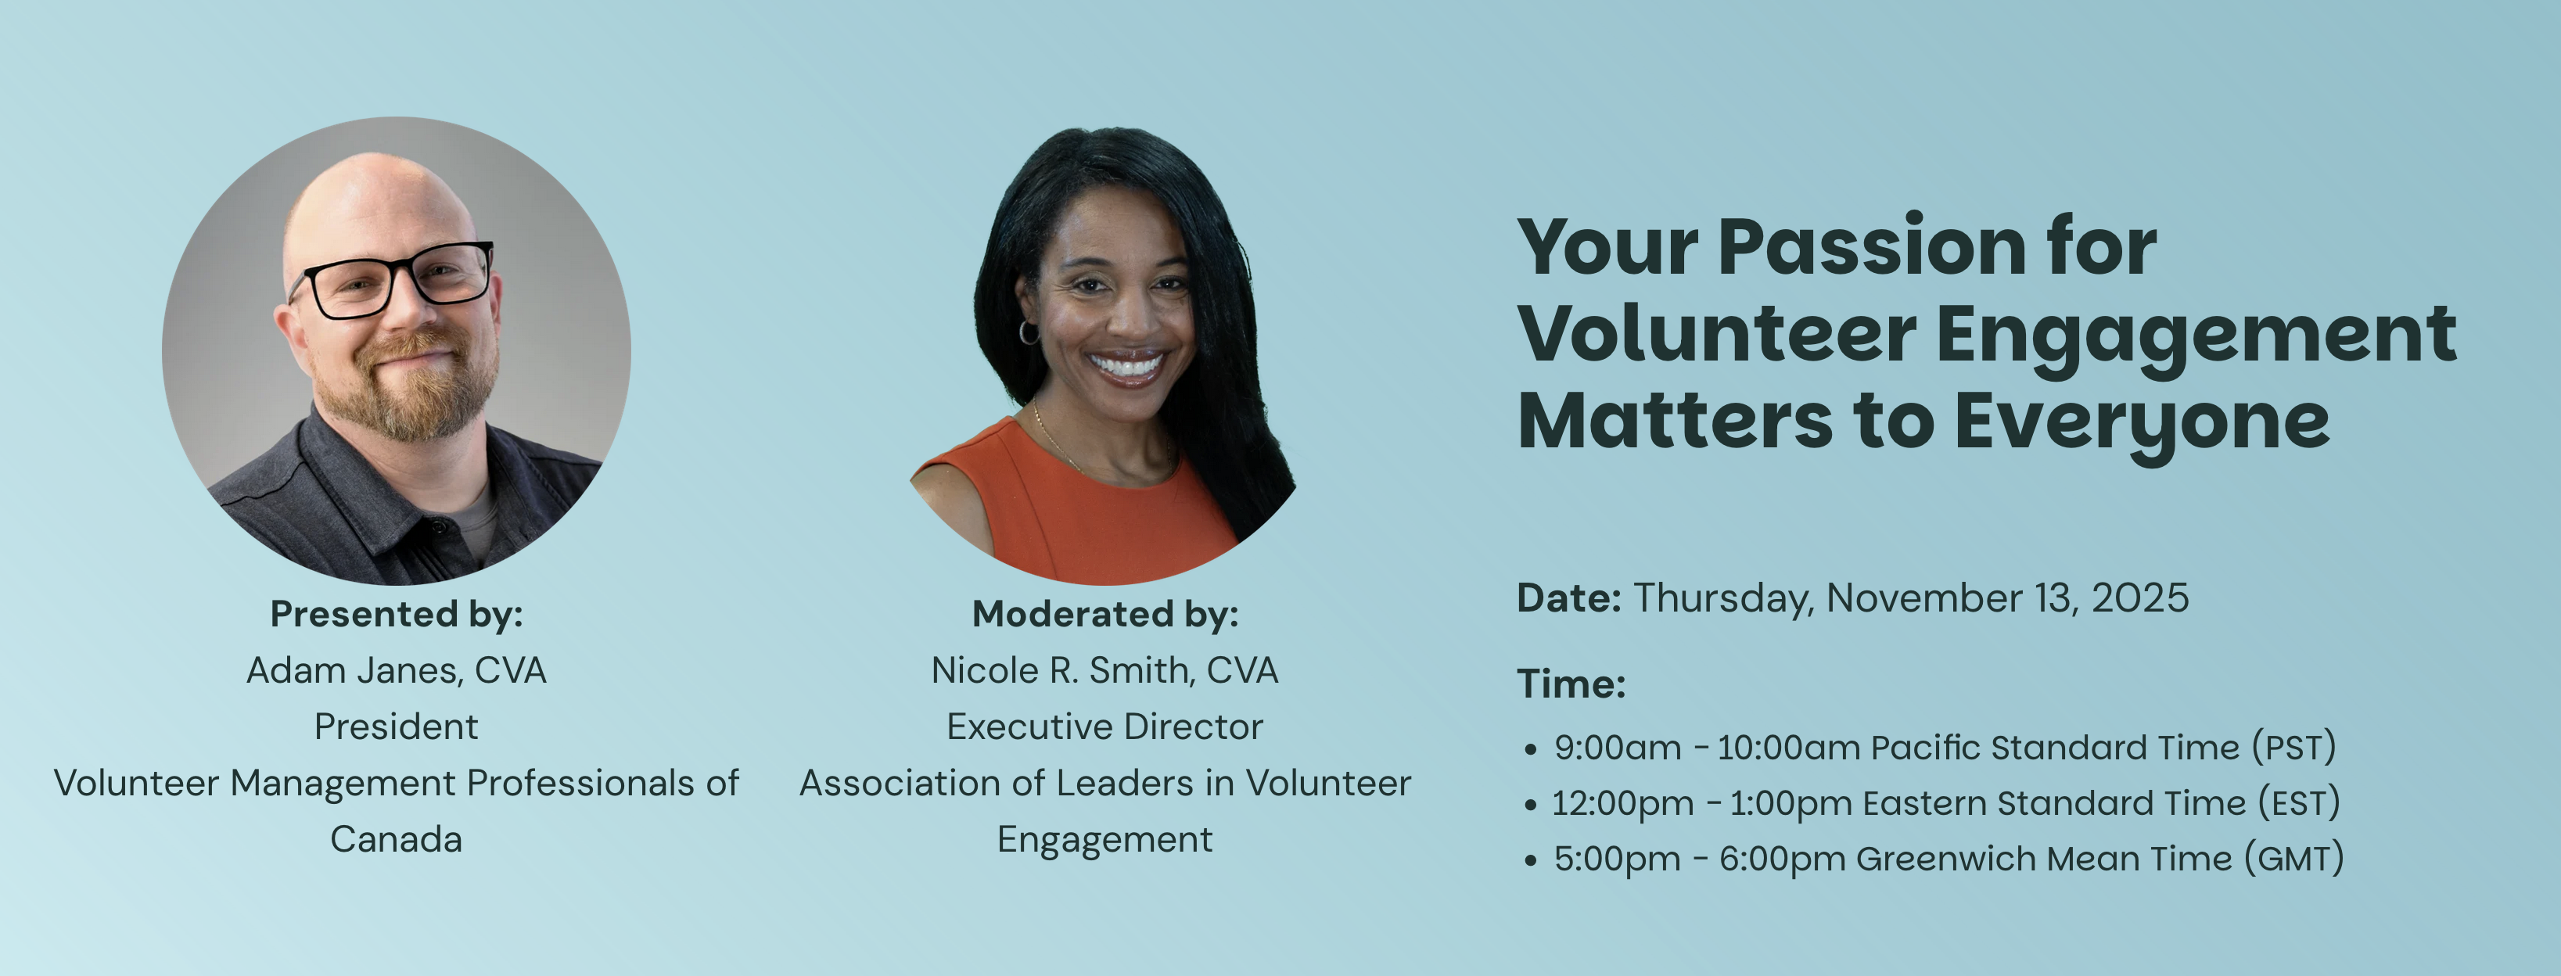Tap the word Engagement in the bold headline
[2196, 338]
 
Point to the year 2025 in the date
[2139, 598]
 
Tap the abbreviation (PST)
[2293, 748]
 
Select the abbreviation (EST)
[2298, 803]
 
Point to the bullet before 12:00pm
[1530, 805]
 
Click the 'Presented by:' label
[397, 614]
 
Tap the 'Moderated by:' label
[1105, 614]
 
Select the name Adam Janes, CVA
[397, 671]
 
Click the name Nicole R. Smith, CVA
[1104, 671]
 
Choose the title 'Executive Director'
[1104, 727]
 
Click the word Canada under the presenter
[397, 840]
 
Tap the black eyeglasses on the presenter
[393, 279]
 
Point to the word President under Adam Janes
[397, 727]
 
